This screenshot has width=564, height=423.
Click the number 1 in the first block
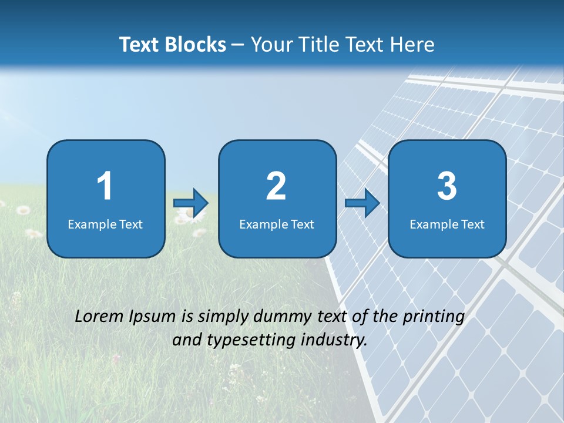tap(105, 186)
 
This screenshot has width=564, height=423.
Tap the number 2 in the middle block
tap(276, 186)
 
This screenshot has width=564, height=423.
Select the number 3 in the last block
tap(447, 186)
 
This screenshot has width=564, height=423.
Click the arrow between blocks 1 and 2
tap(191, 203)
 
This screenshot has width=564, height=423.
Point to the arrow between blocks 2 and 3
tap(362, 203)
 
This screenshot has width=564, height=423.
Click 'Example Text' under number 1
tap(105, 224)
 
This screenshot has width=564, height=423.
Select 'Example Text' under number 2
tap(277, 224)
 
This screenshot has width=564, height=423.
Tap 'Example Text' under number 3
tap(447, 224)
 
